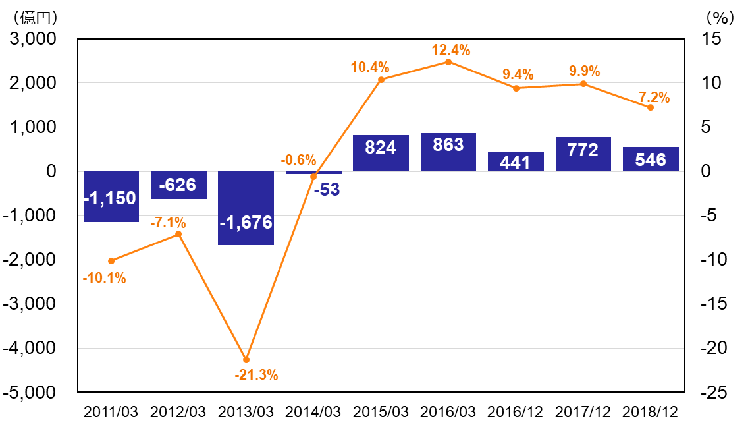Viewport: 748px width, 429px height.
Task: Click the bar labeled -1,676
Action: point(246,208)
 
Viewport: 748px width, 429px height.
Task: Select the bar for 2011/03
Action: point(111,196)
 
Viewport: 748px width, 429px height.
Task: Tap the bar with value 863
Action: point(448,152)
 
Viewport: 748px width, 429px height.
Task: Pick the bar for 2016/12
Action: point(516,161)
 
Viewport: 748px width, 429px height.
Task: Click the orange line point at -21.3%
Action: point(246,360)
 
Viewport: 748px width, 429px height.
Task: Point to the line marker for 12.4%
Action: point(448,62)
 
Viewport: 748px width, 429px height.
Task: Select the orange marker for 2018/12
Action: point(651,107)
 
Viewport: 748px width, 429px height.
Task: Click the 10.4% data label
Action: point(370,67)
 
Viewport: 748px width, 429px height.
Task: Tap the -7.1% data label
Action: point(168,223)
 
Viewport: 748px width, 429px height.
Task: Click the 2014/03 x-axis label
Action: point(313,412)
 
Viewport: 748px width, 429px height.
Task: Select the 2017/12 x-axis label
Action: point(583,412)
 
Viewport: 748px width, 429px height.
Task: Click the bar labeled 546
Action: point(651,159)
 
